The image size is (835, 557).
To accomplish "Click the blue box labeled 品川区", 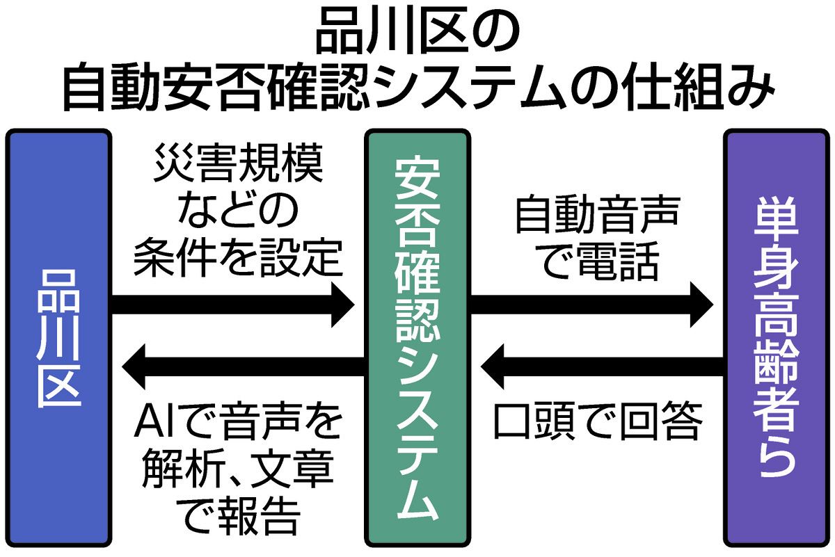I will click(58, 337).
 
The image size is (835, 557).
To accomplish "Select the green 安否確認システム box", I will click(417, 337).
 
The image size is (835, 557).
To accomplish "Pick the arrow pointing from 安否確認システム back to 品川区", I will click(240, 368).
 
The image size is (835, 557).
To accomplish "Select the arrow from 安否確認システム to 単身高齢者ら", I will click(591, 304).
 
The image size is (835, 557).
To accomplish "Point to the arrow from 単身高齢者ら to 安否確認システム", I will click(602, 368).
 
